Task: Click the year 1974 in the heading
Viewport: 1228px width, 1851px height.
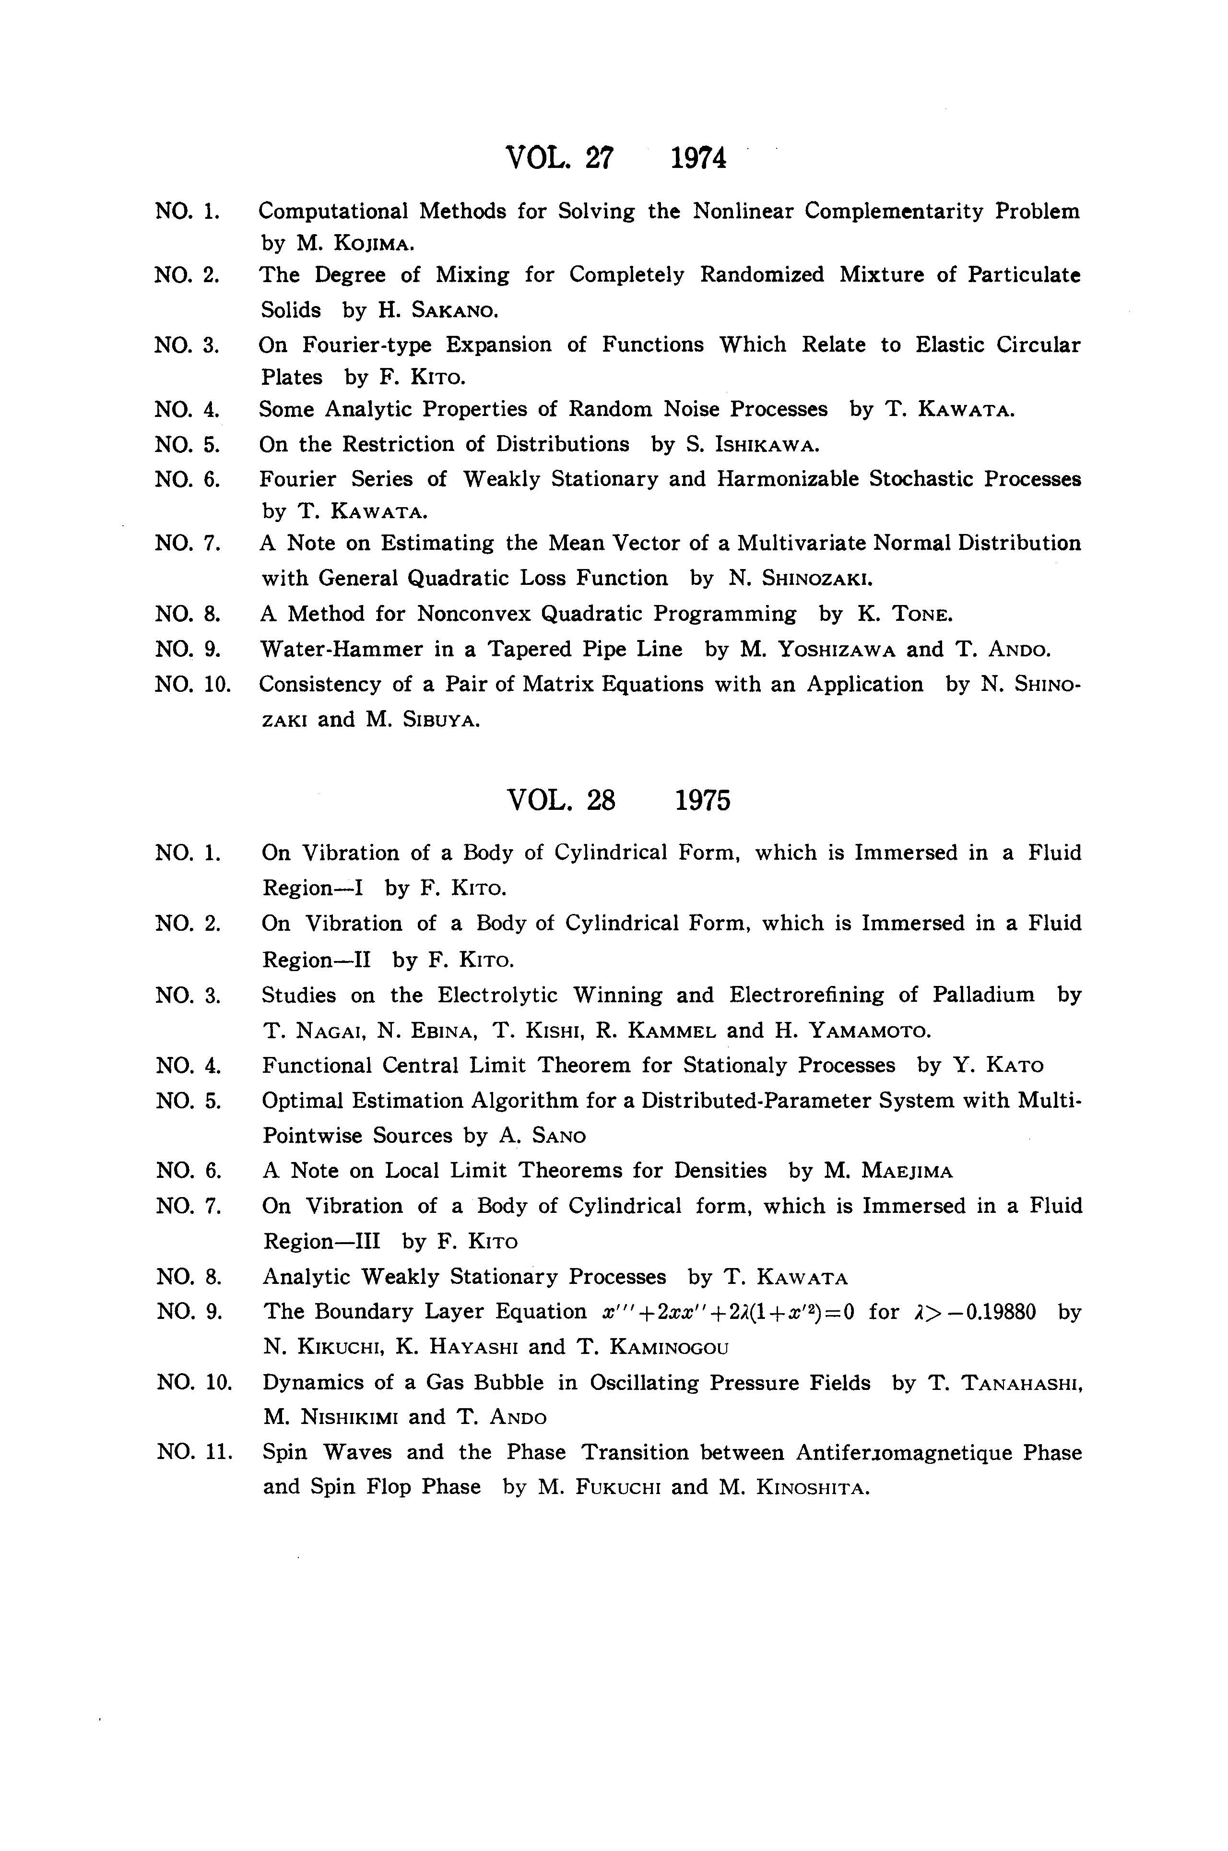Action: pos(698,158)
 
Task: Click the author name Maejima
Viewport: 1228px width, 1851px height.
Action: pos(907,1172)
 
